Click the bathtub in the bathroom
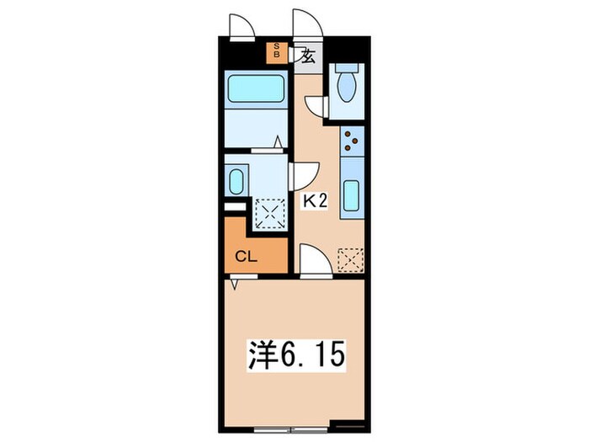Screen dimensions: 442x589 click(x=255, y=88)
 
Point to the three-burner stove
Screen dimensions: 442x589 click(x=352, y=141)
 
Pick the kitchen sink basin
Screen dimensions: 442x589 click(x=352, y=199)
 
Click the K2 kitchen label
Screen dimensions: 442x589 click(x=315, y=201)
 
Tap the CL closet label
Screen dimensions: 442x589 click(x=246, y=257)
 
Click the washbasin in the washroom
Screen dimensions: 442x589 click(x=236, y=180)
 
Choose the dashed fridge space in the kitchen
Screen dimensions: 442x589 click(x=350, y=260)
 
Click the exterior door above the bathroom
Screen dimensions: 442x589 click(x=242, y=26)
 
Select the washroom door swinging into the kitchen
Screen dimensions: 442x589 click(x=301, y=175)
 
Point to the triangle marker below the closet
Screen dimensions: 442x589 click(x=237, y=285)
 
